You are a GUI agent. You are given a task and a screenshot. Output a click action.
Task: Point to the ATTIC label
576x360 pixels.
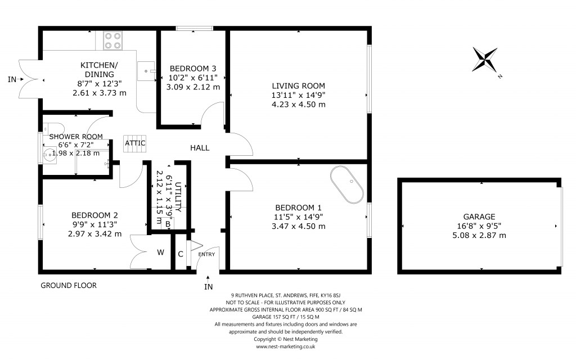135,143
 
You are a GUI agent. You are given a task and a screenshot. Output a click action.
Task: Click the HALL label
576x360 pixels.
200,148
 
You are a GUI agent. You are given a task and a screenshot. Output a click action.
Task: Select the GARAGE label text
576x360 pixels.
479,217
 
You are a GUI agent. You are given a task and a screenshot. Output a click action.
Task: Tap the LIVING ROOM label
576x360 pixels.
299,86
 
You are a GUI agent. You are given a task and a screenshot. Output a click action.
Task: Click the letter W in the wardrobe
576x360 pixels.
160,253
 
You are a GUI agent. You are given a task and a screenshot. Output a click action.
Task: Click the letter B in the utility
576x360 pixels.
168,224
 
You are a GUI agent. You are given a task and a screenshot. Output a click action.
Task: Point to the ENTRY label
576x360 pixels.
206,254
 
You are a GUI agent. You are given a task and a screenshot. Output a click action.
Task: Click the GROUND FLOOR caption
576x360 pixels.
69,286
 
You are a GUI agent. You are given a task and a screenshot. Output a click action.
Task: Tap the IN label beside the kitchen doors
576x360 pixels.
12,80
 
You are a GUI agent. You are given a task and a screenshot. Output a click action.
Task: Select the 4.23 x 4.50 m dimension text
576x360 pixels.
299,104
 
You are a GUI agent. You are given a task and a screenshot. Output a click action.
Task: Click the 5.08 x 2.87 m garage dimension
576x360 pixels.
479,235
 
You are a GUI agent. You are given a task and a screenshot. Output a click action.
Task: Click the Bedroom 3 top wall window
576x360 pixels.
194,28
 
